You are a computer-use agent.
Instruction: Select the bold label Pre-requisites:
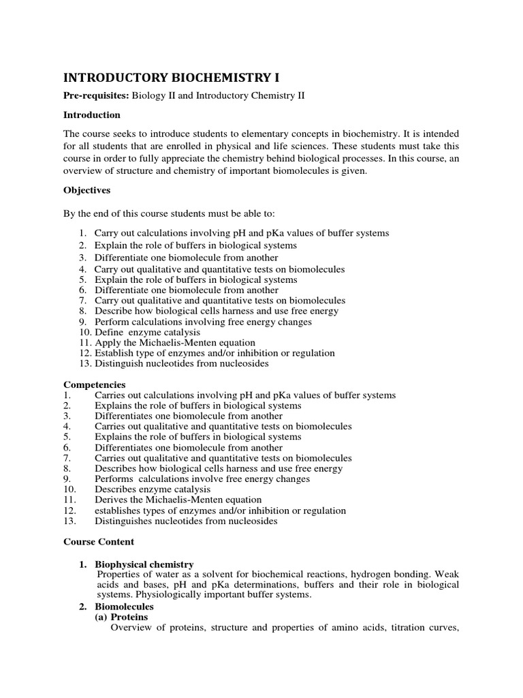(96, 96)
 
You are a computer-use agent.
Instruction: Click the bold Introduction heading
(92, 115)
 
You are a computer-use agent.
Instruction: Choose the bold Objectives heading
(87, 190)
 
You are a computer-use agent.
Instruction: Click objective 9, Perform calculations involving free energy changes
(203, 322)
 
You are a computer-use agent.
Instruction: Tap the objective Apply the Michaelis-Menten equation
(175, 342)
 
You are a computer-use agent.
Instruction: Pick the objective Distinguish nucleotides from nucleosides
(181, 363)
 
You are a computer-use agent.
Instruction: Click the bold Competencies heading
(95, 385)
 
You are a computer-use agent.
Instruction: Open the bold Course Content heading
(99, 542)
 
